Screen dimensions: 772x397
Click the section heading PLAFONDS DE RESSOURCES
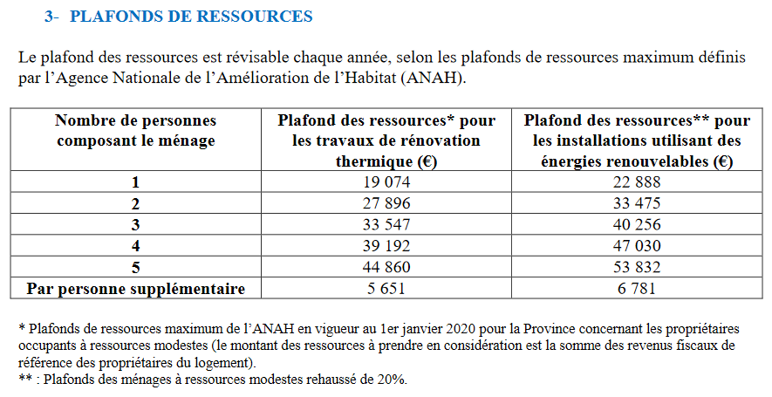click(x=191, y=17)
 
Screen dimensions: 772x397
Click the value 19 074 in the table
click(x=386, y=182)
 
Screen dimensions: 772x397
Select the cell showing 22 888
click(x=637, y=182)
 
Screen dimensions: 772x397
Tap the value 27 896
click(x=386, y=203)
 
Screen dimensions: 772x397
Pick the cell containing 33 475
click(x=637, y=203)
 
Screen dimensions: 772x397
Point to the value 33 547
click(x=386, y=224)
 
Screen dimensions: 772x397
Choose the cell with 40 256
click(x=637, y=224)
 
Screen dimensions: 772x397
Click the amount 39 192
click(x=386, y=246)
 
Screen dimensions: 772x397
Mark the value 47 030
click(x=637, y=246)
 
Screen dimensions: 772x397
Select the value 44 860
click(x=386, y=267)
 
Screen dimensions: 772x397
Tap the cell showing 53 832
click(x=637, y=267)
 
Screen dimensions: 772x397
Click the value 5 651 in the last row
click(x=386, y=288)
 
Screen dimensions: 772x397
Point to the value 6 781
click(x=637, y=288)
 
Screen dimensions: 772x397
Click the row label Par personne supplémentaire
click(x=136, y=289)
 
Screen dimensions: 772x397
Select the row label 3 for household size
click(x=136, y=225)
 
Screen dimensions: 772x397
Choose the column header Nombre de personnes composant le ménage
click(x=136, y=131)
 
